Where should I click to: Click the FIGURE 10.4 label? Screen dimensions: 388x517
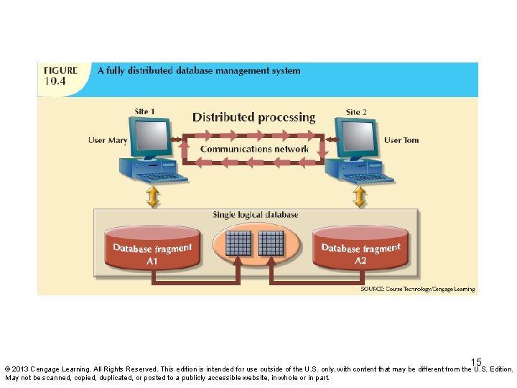point(61,75)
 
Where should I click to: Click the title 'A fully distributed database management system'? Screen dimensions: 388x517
point(199,70)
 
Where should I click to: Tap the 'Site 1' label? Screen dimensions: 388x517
point(145,111)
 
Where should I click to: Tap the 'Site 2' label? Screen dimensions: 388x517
point(356,112)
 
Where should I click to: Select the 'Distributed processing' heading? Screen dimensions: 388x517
point(253,117)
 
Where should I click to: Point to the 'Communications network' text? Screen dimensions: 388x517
point(254,149)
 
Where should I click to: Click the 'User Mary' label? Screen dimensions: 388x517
point(108,140)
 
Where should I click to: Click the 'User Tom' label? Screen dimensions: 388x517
point(401,140)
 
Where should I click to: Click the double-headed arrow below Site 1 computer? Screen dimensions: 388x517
point(152,196)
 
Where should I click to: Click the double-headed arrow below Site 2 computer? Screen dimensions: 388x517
point(360,196)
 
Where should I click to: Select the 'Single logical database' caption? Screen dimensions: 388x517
point(256,215)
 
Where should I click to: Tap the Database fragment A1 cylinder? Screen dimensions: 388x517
point(152,249)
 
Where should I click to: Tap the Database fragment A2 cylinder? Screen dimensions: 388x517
point(360,249)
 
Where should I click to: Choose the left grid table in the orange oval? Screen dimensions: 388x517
point(238,244)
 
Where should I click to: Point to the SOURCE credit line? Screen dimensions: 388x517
point(417,289)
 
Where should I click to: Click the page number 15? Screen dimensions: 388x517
point(476,363)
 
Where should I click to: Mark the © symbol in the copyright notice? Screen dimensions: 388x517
point(8,369)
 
